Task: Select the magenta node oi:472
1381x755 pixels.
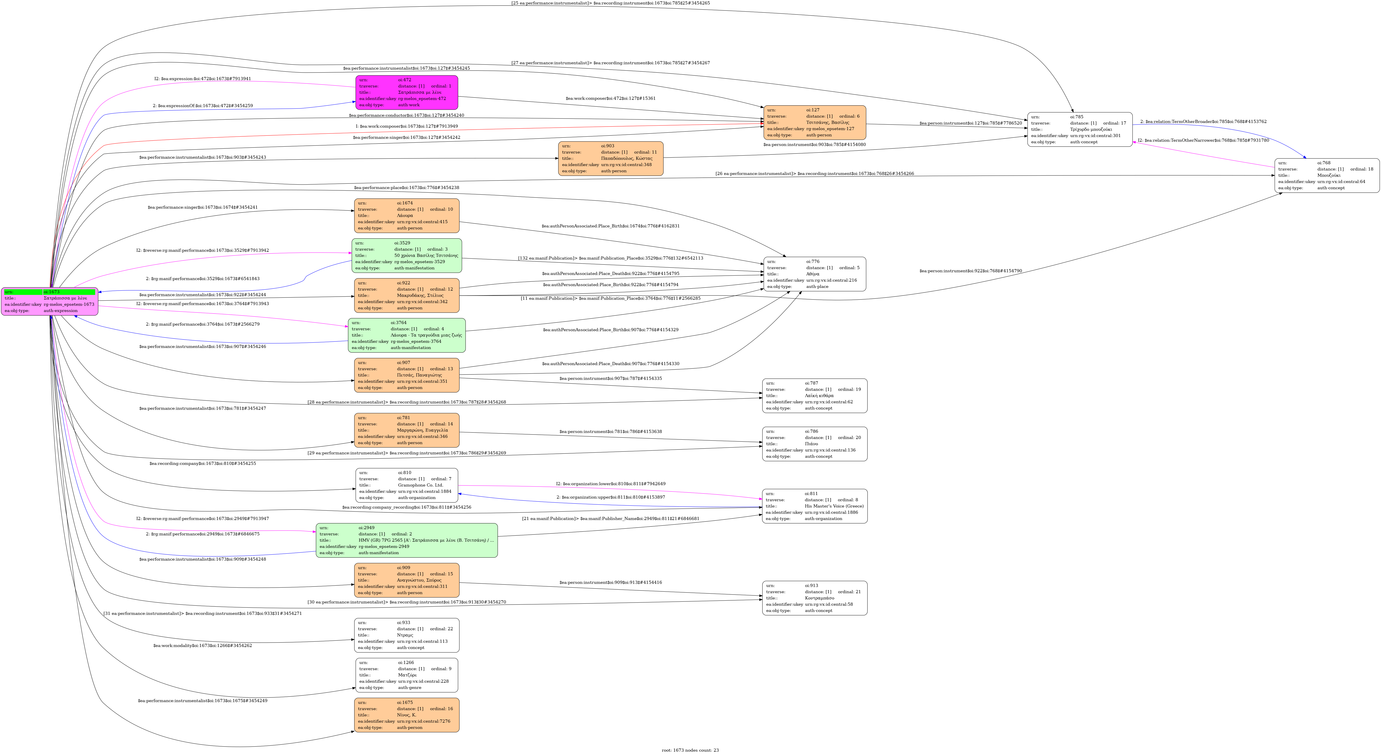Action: tap(406, 92)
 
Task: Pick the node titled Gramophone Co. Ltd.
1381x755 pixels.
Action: tap(406, 485)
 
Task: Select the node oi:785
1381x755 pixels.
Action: tap(1080, 129)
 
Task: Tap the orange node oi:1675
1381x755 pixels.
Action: tap(406, 715)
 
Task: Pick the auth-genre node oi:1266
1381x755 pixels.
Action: tap(406, 675)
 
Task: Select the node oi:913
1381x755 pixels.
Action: tap(814, 598)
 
